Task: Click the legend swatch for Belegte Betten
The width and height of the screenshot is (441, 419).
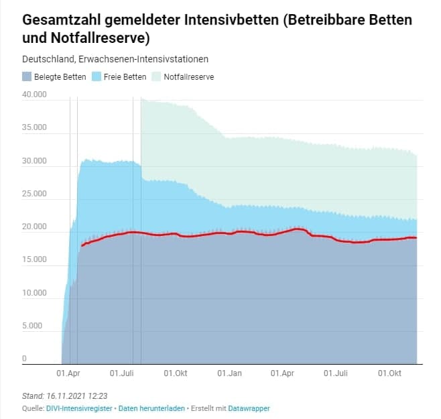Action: coord(26,76)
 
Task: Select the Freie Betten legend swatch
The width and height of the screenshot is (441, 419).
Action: coord(97,76)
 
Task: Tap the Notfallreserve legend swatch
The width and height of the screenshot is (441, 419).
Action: coord(157,76)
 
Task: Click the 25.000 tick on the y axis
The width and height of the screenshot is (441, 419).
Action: coord(35,194)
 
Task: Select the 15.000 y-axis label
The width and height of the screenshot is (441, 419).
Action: coord(35,261)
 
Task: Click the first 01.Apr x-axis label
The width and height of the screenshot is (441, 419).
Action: coord(69,372)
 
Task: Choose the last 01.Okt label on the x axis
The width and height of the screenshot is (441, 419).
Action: coord(389,372)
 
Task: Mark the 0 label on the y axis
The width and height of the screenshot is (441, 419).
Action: coord(24,359)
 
